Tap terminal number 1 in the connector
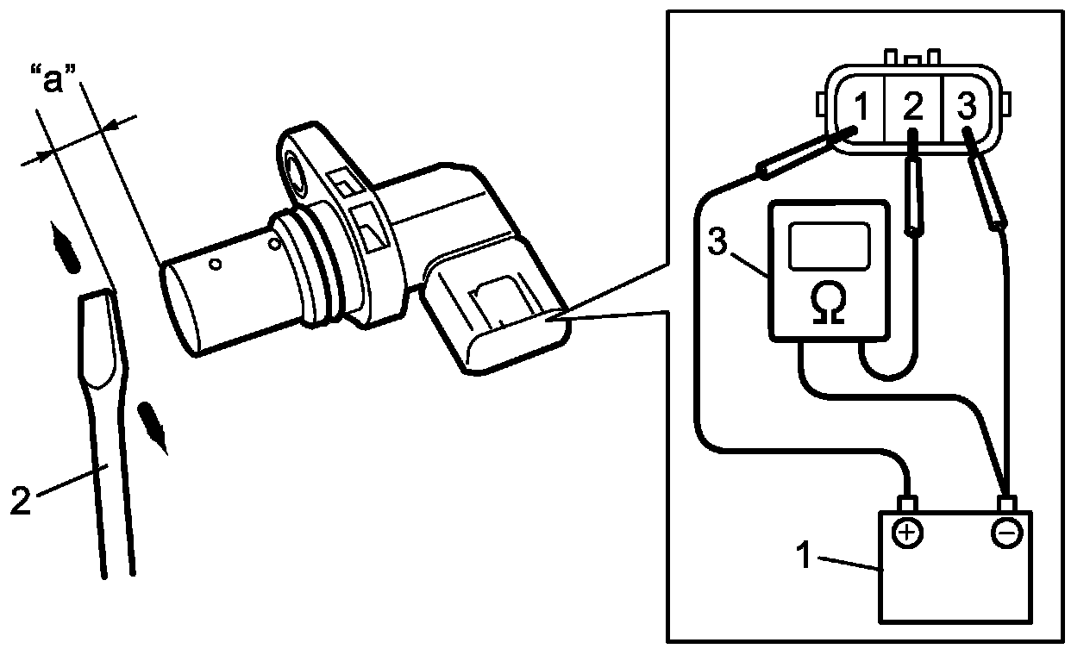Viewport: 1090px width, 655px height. click(x=860, y=107)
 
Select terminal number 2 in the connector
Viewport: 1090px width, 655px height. click(x=913, y=107)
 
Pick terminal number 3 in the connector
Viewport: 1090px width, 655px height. click(x=967, y=107)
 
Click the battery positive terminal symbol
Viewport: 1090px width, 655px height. click(x=905, y=534)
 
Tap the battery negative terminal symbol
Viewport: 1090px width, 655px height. click(x=1005, y=534)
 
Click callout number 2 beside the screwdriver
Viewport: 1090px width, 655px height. click(x=22, y=500)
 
